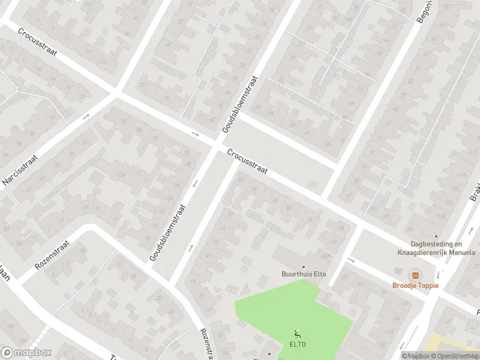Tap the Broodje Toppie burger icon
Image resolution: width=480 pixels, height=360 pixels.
[415, 274]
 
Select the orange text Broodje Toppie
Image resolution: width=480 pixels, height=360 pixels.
[415, 285]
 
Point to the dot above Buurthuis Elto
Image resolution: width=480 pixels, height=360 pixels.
[304, 266]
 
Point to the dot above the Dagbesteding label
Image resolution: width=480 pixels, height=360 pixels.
[436, 236]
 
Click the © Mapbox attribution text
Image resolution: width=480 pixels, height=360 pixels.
[416, 355]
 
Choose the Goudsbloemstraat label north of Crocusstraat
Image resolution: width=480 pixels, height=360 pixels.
[240, 103]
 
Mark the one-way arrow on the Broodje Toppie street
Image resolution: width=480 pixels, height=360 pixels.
[351, 260]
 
